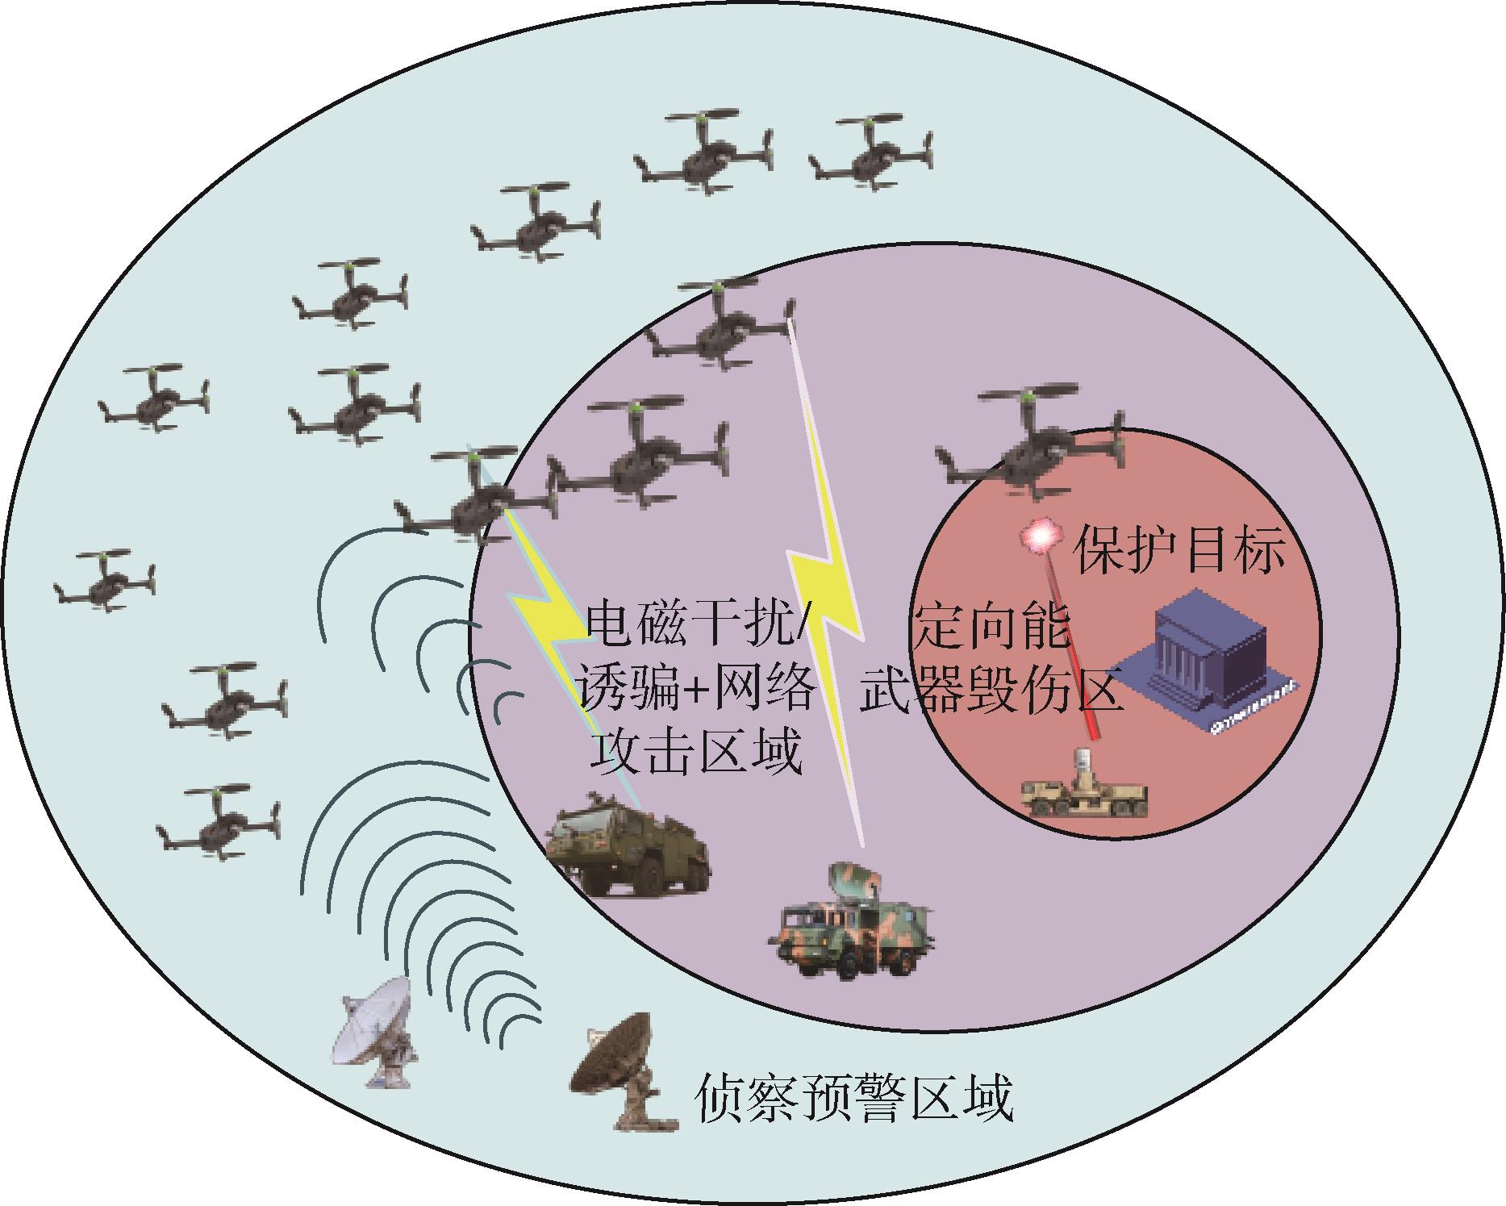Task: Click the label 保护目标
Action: [x=1179, y=551]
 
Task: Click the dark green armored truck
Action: [x=628, y=843]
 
